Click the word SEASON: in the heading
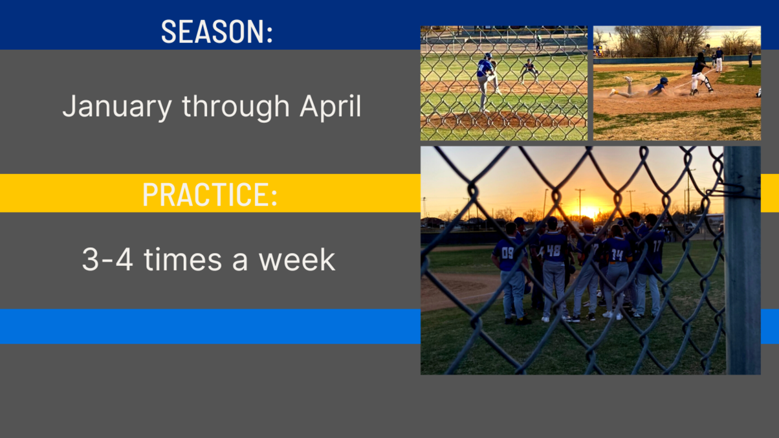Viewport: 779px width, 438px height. point(217,32)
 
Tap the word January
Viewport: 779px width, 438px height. point(117,107)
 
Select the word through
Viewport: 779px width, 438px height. point(236,107)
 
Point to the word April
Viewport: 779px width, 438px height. point(331,107)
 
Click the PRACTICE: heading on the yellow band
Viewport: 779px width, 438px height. point(210,194)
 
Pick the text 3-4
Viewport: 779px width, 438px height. point(107,259)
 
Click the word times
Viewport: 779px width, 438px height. point(182,259)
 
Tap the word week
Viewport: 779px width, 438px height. point(297,259)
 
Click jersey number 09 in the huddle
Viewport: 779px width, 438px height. point(508,253)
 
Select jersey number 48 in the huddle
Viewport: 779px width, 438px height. point(553,250)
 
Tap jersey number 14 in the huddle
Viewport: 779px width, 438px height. point(617,255)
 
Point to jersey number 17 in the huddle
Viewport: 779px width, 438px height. point(657,246)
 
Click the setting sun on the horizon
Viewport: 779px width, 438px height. point(587,211)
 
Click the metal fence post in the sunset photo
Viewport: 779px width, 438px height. point(742,260)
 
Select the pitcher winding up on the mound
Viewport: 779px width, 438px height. point(487,82)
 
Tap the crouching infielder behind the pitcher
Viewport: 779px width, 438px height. point(529,71)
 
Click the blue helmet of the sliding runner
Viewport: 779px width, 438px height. point(664,81)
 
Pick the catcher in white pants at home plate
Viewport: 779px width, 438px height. point(701,74)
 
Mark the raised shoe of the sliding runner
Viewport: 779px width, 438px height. point(628,80)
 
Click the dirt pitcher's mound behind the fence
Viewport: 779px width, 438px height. point(503,120)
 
